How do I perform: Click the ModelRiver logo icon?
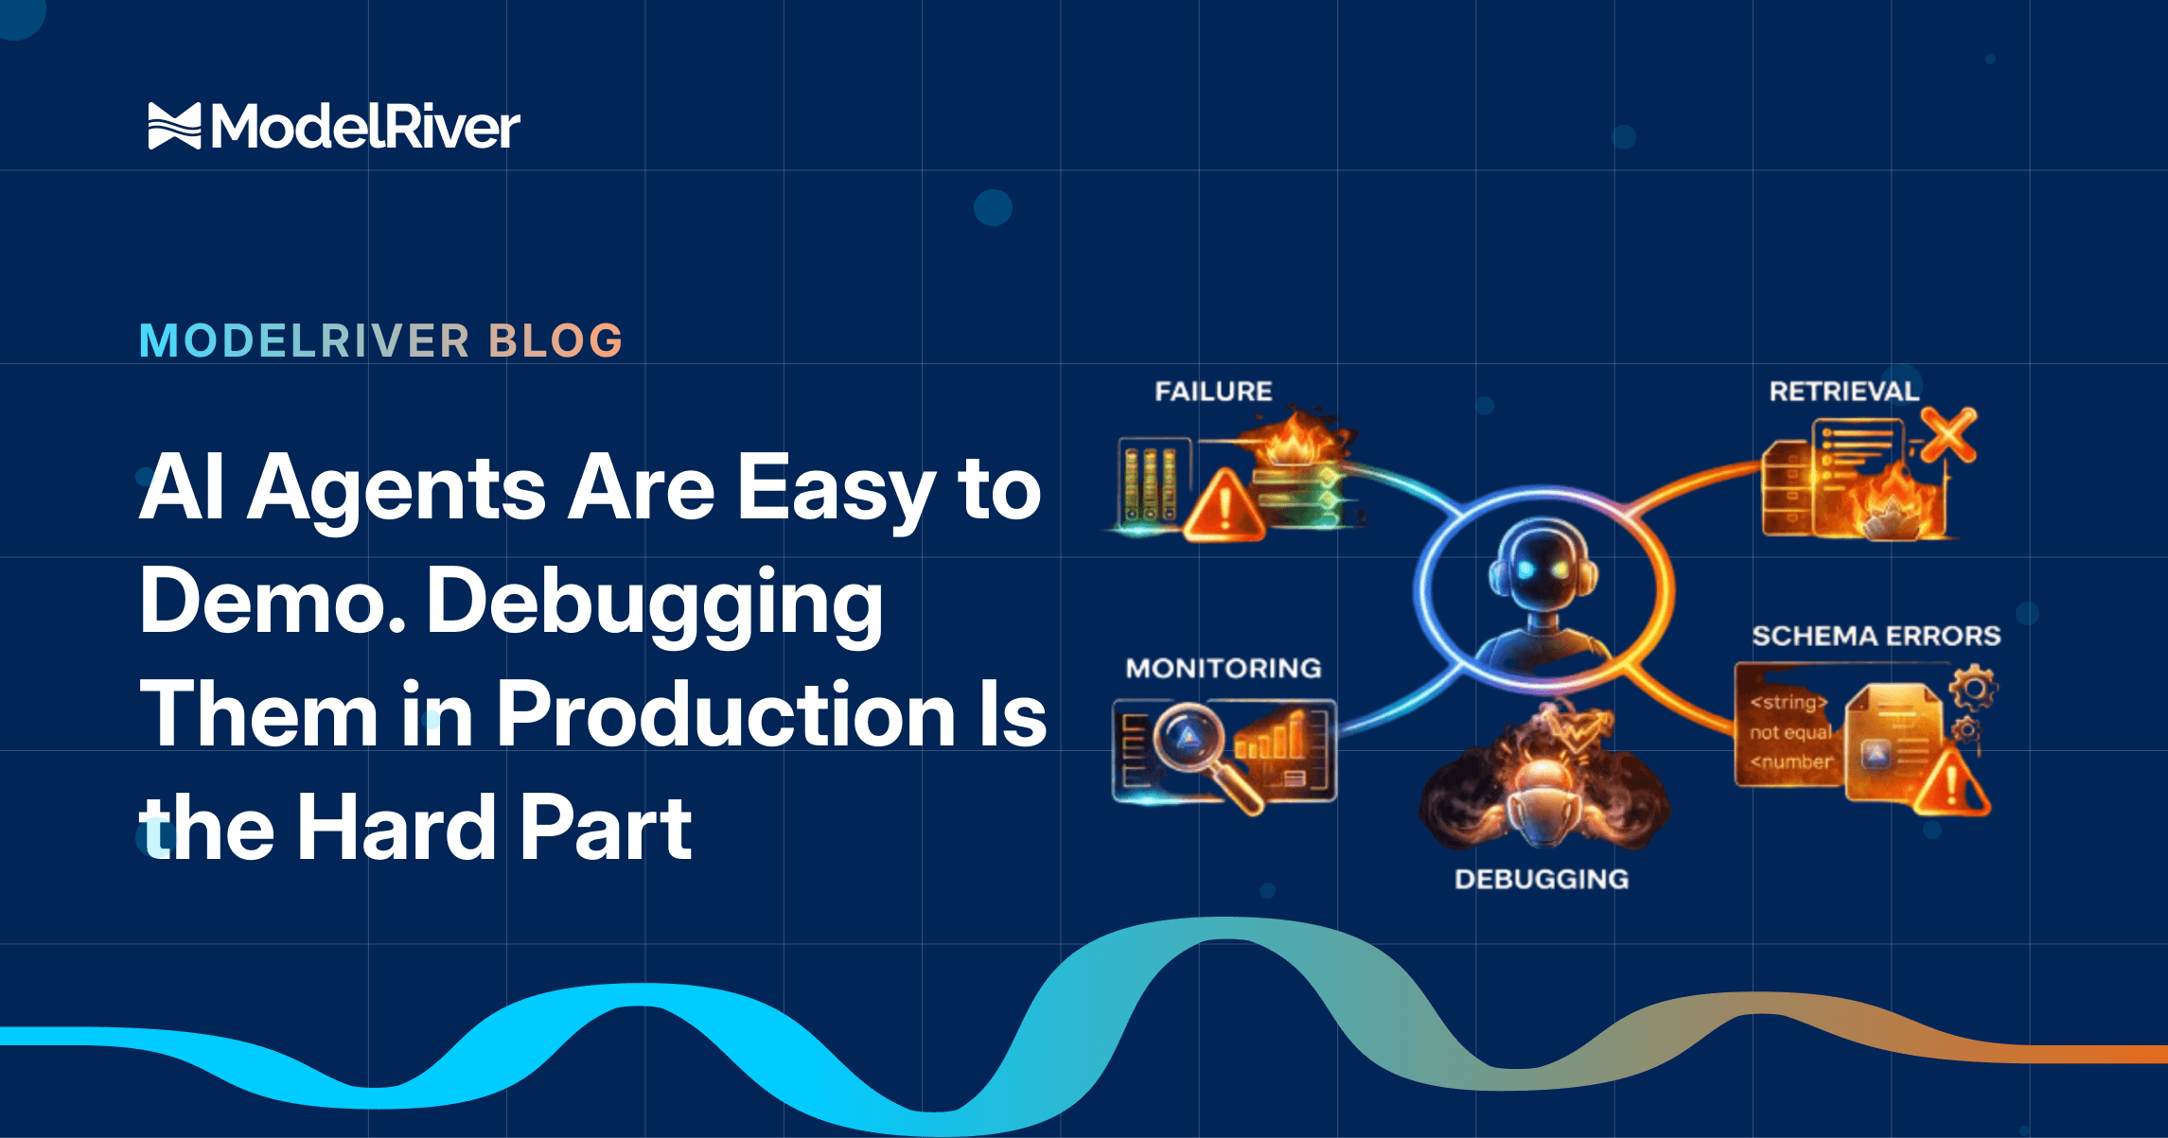175,126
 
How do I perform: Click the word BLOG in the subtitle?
555,341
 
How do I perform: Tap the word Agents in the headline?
397,491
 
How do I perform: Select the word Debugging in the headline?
655,604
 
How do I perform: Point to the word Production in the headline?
726,715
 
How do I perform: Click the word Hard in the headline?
397,828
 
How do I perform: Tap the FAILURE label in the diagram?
1213,392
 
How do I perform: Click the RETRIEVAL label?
1843,392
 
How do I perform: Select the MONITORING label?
1224,669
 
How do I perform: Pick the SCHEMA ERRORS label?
1877,636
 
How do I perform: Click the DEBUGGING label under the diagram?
1542,880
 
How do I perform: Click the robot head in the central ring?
1542,568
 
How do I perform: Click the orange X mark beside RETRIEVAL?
1948,435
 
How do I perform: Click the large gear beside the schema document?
1974,689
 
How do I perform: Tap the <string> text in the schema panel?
1788,702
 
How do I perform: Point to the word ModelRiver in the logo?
365,127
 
